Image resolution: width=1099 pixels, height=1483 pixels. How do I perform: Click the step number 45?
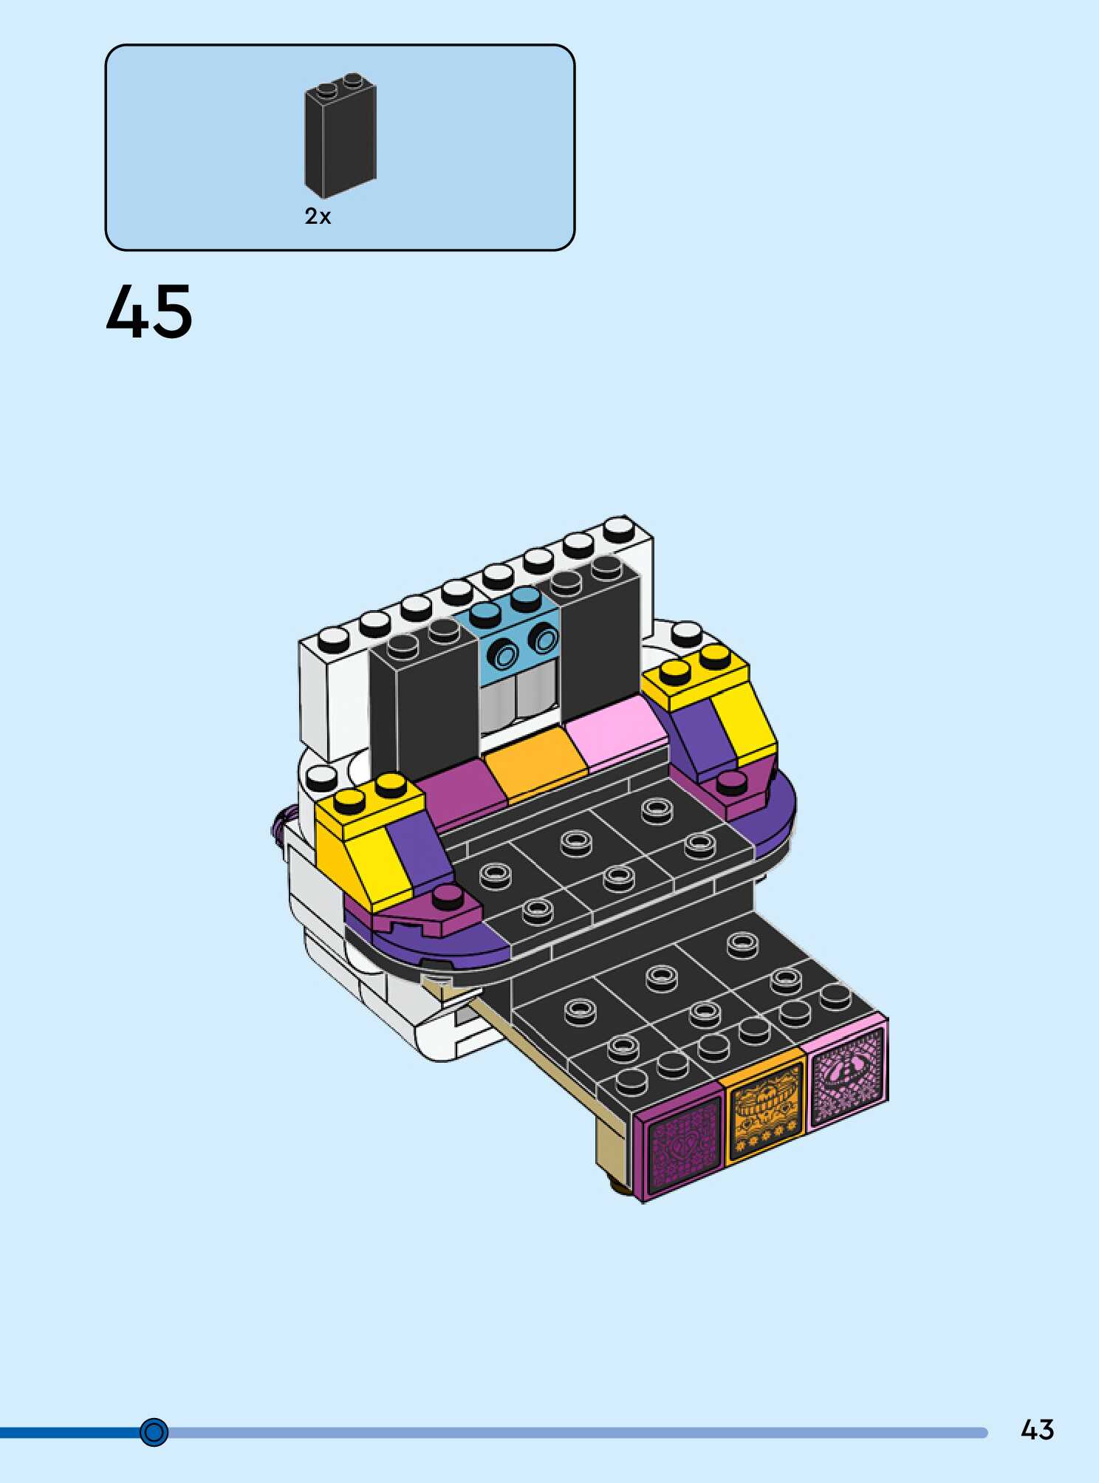click(149, 312)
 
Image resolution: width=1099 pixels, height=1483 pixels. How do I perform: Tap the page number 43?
click(1037, 1430)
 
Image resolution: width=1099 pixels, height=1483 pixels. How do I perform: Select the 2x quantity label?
click(318, 216)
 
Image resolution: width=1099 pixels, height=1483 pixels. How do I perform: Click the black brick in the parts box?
click(340, 135)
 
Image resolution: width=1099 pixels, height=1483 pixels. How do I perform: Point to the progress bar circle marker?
click(154, 1432)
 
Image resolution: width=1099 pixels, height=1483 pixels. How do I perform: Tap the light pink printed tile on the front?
click(848, 1068)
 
